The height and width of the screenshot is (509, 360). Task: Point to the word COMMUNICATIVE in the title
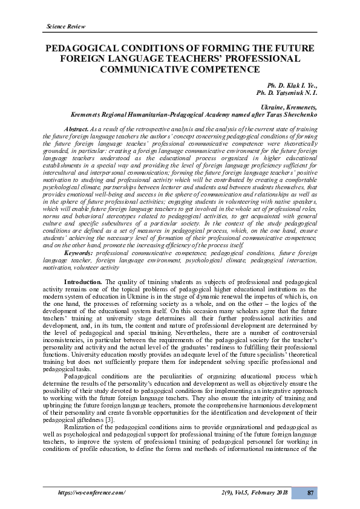[x=134, y=69]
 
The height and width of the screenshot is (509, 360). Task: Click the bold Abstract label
[x=76, y=129]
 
